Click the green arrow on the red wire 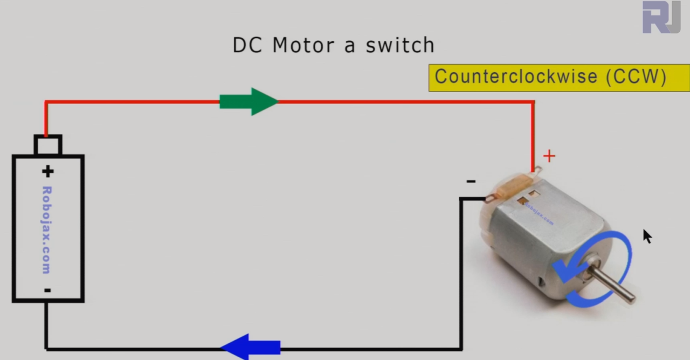[249, 101]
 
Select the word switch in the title [399, 45]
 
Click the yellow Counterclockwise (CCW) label [558, 78]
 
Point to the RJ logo [661, 17]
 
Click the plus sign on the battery [48, 171]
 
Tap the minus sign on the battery [48, 290]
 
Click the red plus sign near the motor [549, 156]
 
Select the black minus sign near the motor [471, 182]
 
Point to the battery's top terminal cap [48, 146]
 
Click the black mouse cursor [647, 236]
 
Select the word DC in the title [247, 45]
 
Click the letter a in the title [349, 46]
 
